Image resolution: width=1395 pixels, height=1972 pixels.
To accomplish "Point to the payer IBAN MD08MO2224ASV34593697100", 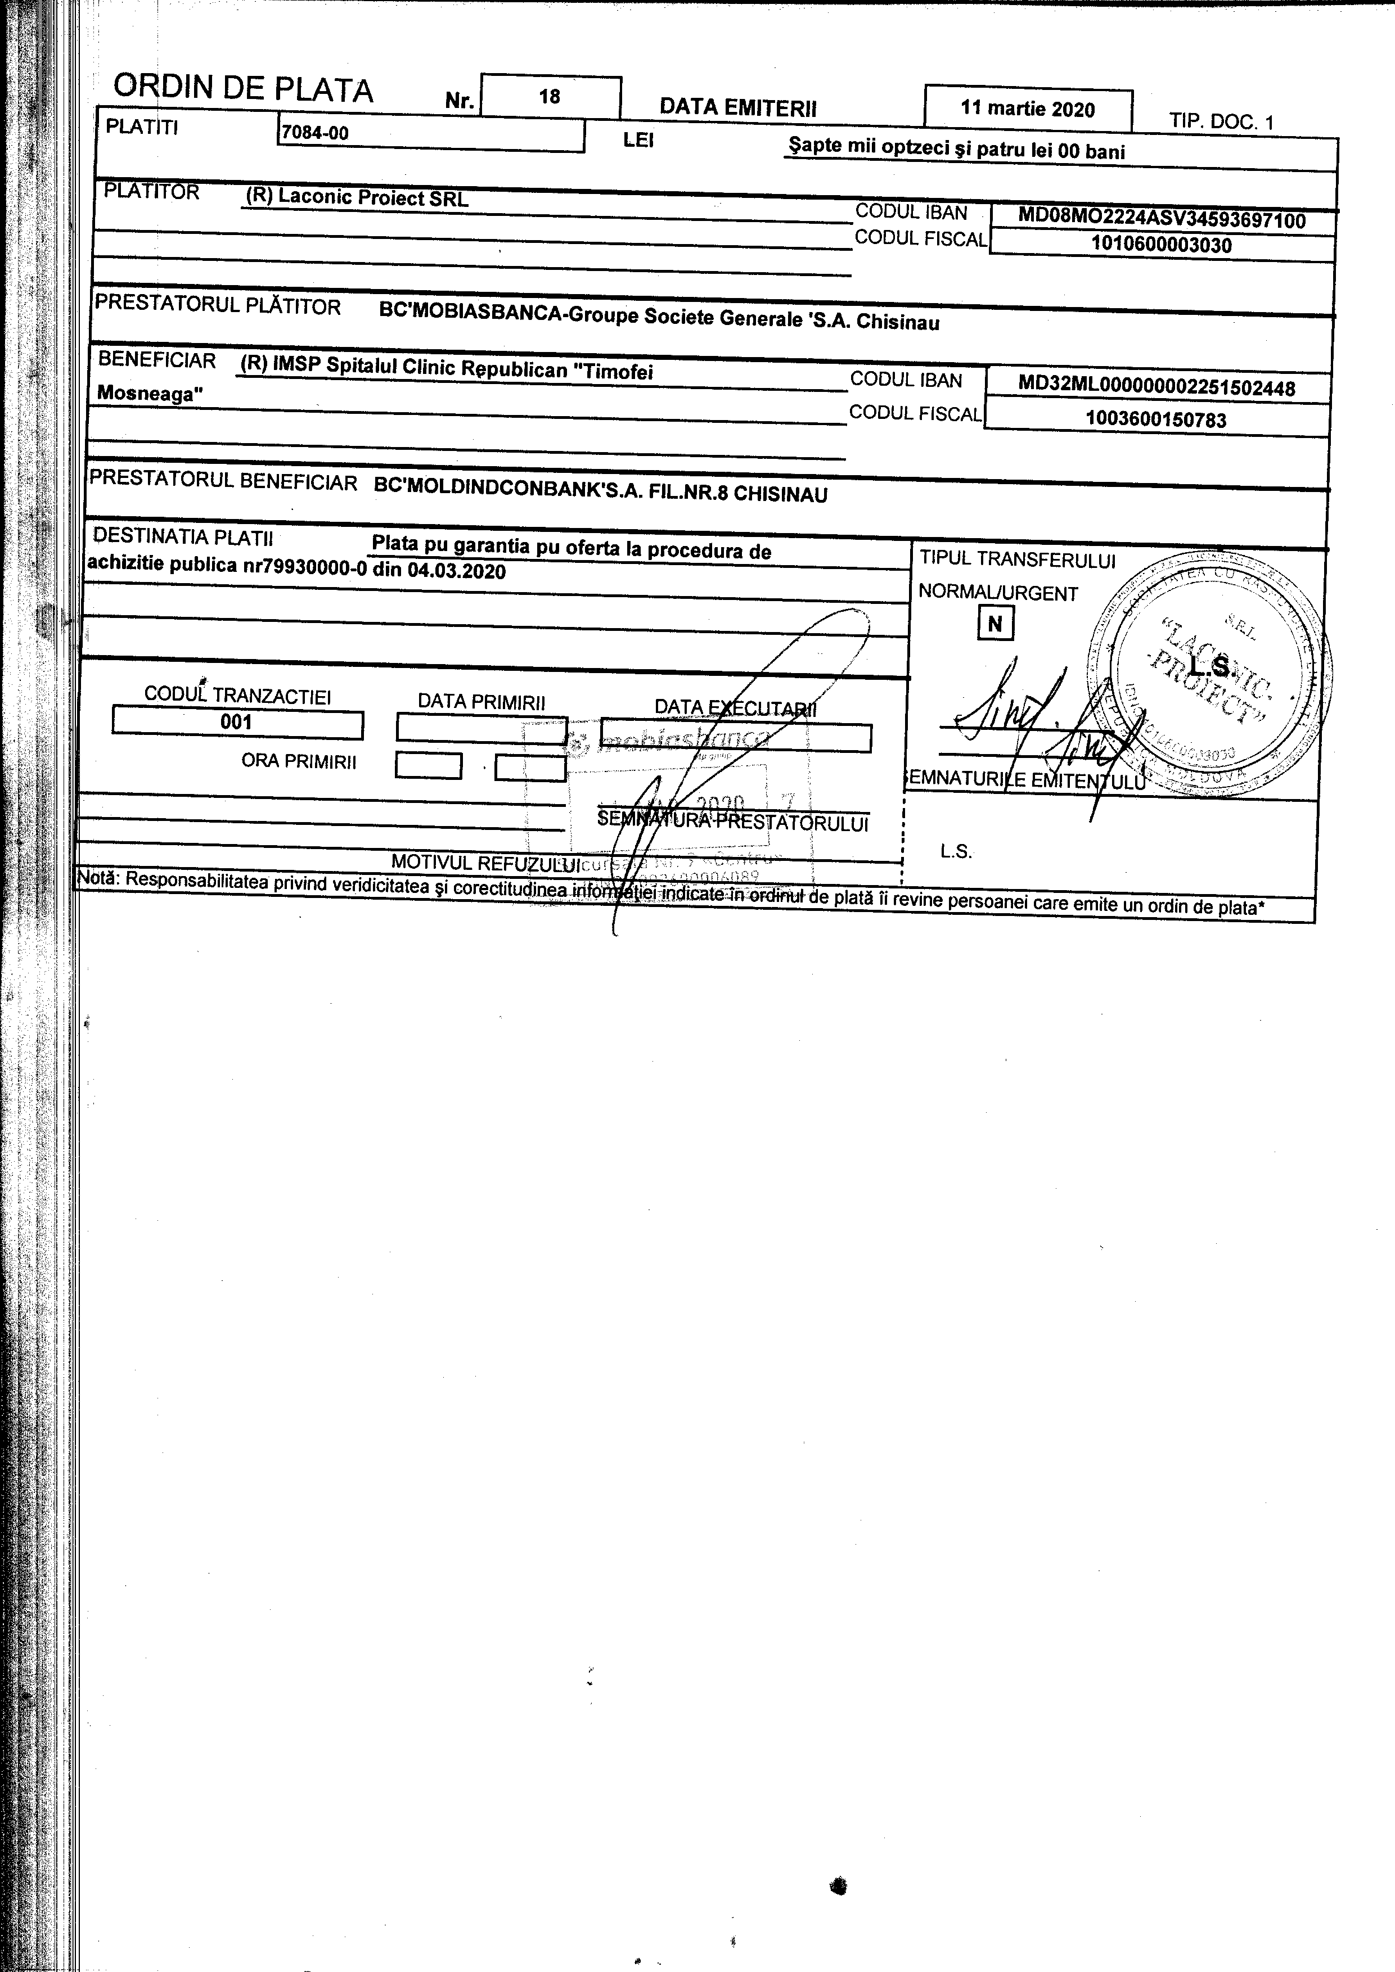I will pos(1162,220).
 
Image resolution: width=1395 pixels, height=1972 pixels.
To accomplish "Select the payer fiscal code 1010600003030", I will pos(1162,245).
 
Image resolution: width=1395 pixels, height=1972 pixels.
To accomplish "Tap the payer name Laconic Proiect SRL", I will pos(373,197).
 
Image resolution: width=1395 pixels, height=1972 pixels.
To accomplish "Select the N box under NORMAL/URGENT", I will pos(994,624).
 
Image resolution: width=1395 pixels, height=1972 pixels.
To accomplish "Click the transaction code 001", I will pos(236,723).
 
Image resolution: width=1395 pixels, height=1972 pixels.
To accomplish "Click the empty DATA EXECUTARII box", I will pos(737,738).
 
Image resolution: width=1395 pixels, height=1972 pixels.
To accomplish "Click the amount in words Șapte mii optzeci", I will pos(956,150).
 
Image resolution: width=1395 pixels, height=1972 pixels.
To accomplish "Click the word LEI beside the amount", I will pos(638,140).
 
